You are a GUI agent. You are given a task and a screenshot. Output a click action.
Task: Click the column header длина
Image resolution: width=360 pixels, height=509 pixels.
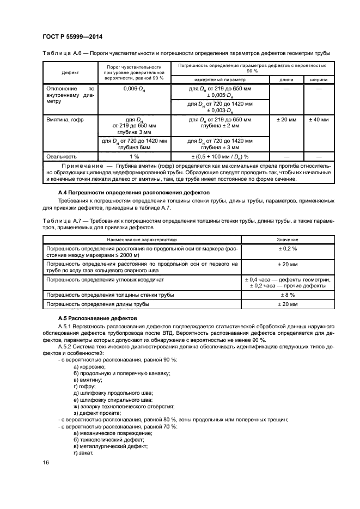click(x=286, y=79)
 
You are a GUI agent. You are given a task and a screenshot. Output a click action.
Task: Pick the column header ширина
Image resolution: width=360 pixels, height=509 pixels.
click(x=319, y=79)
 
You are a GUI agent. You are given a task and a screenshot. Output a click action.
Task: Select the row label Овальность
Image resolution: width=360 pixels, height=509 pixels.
click(x=62, y=156)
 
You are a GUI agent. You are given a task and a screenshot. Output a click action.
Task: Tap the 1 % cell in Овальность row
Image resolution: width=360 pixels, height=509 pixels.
click(x=133, y=156)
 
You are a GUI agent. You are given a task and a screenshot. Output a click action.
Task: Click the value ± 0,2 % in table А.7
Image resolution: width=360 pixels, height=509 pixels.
click(x=287, y=248)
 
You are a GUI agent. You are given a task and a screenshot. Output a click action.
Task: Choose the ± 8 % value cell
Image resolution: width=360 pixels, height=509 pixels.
click(x=287, y=295)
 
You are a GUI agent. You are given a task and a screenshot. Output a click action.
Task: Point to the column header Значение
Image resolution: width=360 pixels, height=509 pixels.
click(x=287, y=239)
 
